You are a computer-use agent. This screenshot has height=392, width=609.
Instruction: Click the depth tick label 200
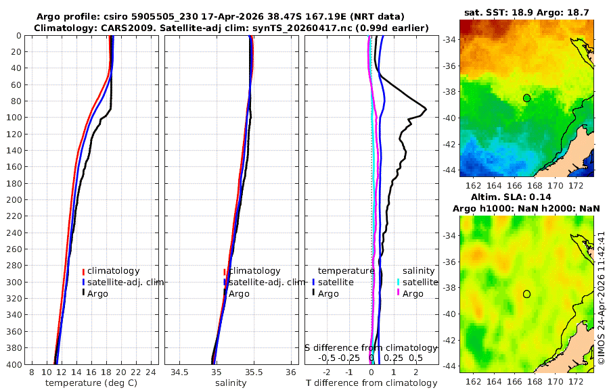click(x=14, y=199)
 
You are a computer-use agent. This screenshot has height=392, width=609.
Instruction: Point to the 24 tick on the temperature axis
click(x=151, y=372)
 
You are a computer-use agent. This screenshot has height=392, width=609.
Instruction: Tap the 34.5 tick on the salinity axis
click(x=179, y=372)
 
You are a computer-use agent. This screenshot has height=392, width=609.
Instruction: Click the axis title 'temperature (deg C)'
click(x=91, y=383)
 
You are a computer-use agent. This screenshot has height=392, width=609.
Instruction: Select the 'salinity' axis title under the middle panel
click(x=231, y=383)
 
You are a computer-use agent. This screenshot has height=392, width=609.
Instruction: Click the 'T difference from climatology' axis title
click(x=371, y=383)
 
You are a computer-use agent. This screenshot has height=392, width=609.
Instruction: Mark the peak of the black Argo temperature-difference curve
click(x=426, y=109)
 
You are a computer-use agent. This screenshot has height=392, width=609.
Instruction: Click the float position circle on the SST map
click(x=526, y=98)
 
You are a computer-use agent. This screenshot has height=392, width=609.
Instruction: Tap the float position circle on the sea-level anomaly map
click(x=526, y=294)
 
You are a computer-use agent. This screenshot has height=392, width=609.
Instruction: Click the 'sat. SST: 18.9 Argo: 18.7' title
click(x=526, y=12)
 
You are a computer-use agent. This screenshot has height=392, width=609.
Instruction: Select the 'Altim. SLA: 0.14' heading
click(x=511, y=197)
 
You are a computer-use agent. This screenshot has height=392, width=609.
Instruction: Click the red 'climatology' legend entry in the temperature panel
click(x=111, y=271)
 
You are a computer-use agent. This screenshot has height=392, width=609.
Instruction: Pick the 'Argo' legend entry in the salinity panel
click(x=237, y=293)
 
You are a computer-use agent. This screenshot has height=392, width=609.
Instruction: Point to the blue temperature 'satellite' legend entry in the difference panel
click(x=333, y=282)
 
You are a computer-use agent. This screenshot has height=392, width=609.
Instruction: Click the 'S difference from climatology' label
click(x=371, y=347)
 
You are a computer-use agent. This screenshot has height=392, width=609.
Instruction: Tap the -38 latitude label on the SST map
click(x=449, y=92)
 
